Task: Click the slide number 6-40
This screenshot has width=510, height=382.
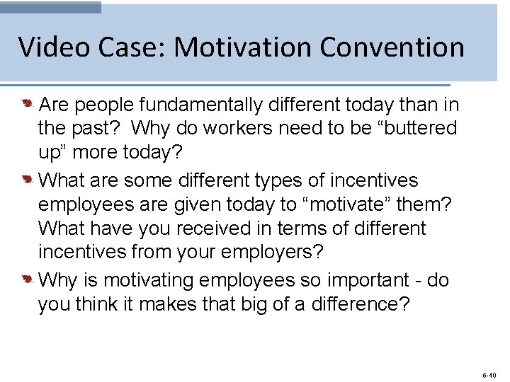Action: pyautogui.click(x=489, y=374)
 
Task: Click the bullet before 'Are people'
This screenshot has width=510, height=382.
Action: pyautogui.click(x=26, y=105)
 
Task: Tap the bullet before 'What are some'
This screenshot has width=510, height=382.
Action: pyautogui.click(x=26, y=180)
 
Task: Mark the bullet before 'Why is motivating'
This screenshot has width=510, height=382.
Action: pyautogui.click(x=26, y=280)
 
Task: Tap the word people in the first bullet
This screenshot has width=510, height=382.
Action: pyautogui.click(x=104, y=105)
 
